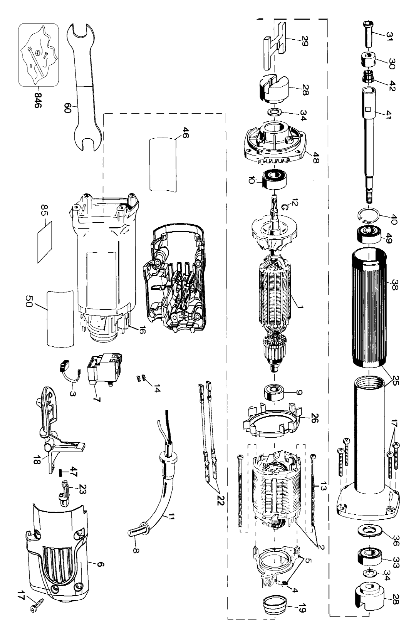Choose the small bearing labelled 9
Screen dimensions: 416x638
(275, 393)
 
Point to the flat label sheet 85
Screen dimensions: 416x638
(45, 242)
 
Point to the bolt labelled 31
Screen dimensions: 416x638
(369, 34)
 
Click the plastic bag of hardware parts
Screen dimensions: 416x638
(39, 55)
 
